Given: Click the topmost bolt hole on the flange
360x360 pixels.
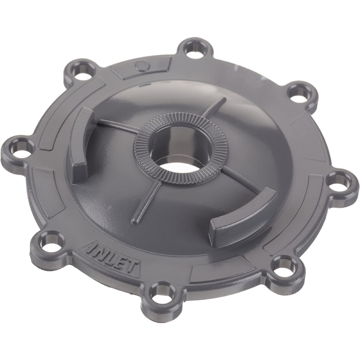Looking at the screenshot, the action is click(195, 47).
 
